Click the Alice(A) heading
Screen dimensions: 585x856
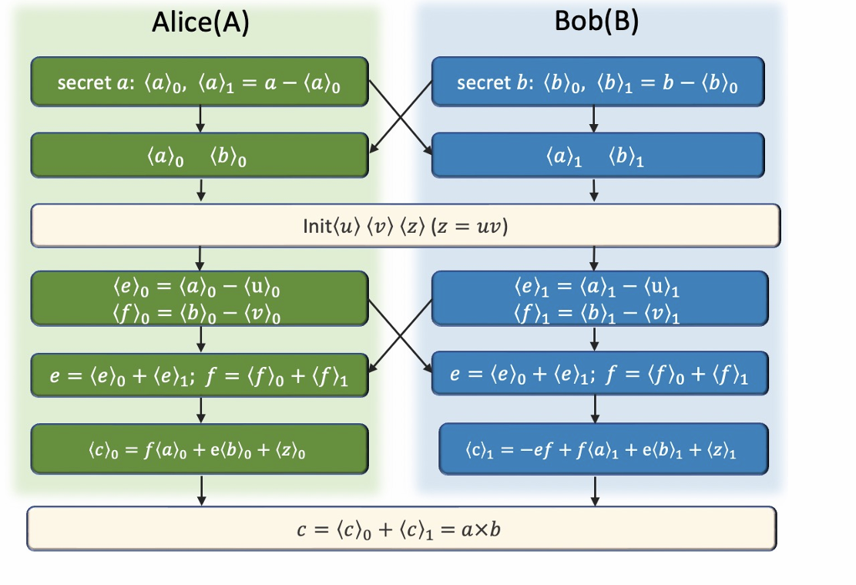pos(200,24)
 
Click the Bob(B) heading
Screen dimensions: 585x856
pos(596,22)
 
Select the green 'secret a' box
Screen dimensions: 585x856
pos(200,82)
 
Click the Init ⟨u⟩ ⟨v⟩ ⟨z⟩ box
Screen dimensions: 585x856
pos(405,226)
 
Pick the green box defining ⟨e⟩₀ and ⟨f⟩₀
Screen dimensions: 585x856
pos(200,298)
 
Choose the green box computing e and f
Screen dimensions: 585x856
pos(200,375)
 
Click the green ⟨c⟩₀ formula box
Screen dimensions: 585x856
pos(200,449)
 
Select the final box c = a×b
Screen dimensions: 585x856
pos(401,528)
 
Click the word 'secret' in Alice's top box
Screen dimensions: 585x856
pos(79,82)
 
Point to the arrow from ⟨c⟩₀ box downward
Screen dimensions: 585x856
pos(200,490)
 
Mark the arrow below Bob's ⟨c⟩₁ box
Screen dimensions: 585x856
pos(595,490)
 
